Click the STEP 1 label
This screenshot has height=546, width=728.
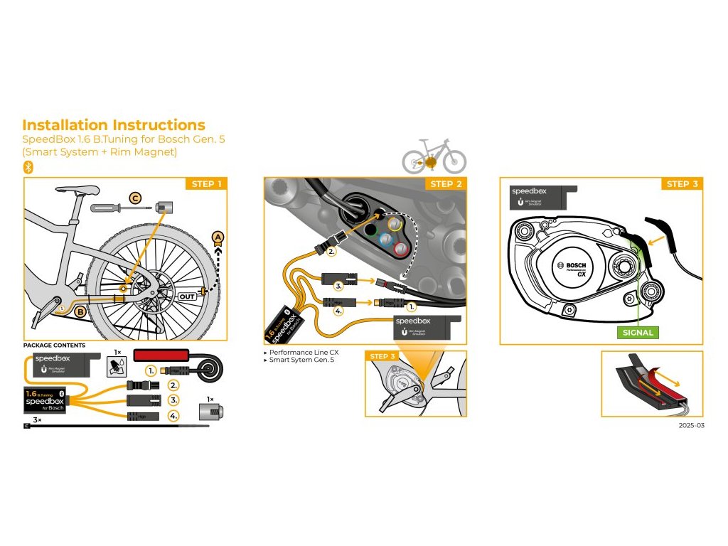[207, 184]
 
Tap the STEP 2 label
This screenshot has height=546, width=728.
[446, 184]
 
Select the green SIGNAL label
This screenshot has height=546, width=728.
[637, 332]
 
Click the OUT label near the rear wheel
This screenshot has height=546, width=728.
[187, 296]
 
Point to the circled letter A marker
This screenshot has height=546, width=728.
[218, 237]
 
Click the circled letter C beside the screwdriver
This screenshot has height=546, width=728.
[135, 198]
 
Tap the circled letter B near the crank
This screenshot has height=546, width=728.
[81, 311]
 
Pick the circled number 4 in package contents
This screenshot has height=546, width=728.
[173, 416]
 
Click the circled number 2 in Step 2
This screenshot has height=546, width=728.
[331, 251]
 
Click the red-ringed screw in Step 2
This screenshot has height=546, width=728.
[402, 248]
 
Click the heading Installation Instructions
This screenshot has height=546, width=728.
[114, 125]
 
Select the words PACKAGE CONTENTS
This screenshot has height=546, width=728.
[54, 346]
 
